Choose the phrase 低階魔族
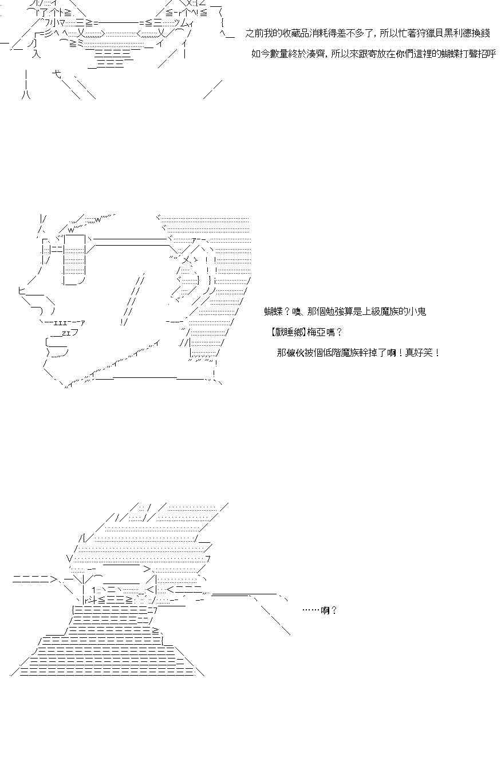click(x=340, y=353)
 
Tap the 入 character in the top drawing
click(x=36, y=54)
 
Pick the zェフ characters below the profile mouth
click(x=70, y=332)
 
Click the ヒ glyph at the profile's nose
click(x=21, y=291)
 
